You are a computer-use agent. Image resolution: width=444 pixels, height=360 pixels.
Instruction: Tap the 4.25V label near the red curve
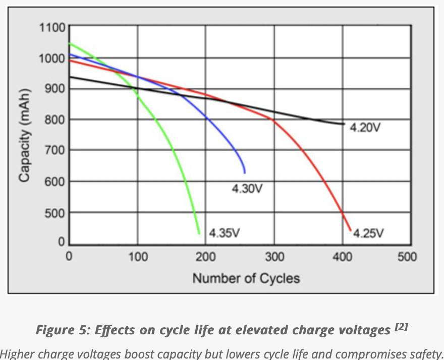pyautogui.click(x=368, y=233)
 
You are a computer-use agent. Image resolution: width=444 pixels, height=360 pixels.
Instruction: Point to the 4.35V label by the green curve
pyautogui.click(x=224, y=233)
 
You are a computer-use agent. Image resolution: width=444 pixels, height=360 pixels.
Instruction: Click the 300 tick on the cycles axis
pyautogui.click(x=274, y=257)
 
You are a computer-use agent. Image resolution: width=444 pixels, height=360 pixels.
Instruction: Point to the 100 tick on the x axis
pyautogui.click(x=137, y=257)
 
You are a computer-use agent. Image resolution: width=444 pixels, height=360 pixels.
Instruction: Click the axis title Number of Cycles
pyautogui.click(x=246, y=278)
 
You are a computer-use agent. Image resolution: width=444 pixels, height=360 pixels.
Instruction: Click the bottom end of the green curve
pyautogui.click(x=199, y=233)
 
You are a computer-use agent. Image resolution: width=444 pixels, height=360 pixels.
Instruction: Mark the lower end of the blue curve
pyautogui.click(x=245, y=172)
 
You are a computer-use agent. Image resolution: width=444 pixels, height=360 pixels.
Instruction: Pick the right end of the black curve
pyautogui.click(x=344, y=124)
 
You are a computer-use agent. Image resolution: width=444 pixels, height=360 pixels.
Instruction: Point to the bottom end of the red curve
pyautogui.click(x=351, y=230)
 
